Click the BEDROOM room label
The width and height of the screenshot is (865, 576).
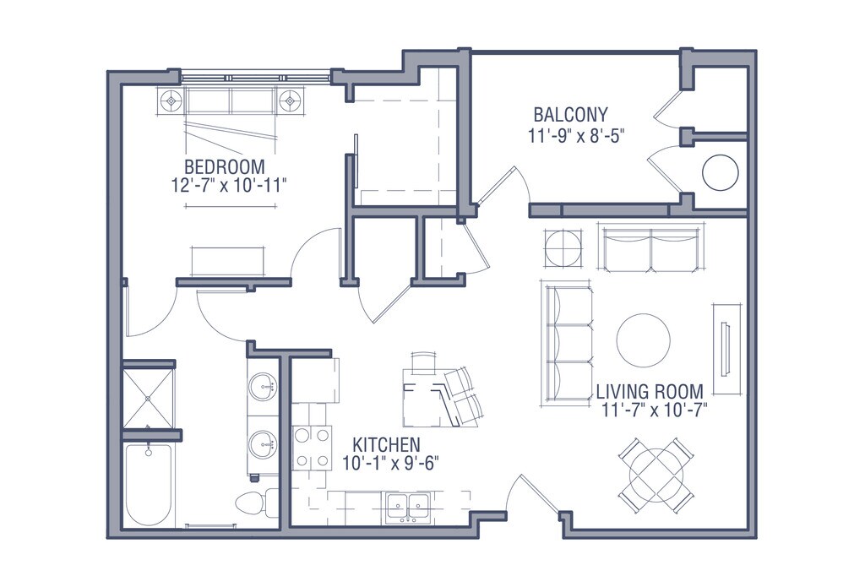click(225, 166)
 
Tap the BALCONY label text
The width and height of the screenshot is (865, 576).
click(570, 115)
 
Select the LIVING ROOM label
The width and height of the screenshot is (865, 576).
click(650, 392)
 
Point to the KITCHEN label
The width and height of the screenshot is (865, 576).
click(386, 444)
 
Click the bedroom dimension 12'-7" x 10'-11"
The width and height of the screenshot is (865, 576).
click(230, 185)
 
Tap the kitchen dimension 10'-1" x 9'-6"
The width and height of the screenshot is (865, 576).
click(386, 464)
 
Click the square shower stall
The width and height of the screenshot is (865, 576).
click(148, 398)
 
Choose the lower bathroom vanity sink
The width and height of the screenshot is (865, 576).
click(263, 444)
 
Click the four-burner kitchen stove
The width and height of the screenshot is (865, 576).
click(313, 448)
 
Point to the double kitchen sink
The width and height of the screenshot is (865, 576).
click(408, 507)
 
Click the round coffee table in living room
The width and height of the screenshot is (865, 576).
click(643, 340)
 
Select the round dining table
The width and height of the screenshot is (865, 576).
click(656, 474)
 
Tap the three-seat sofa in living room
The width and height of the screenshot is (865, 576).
click(569, 345)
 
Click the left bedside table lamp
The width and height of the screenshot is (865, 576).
click(171, 101)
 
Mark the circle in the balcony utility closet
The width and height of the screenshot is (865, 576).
click(720, 172)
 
